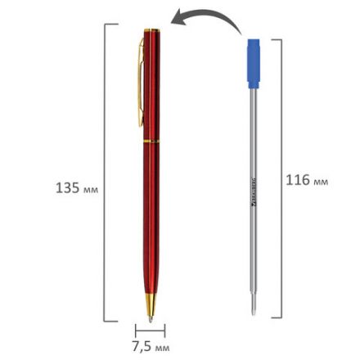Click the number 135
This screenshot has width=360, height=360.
66,188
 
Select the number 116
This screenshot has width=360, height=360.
297,180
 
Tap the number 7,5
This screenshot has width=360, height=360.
142,346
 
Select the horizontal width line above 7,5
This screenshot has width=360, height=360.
150,331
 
